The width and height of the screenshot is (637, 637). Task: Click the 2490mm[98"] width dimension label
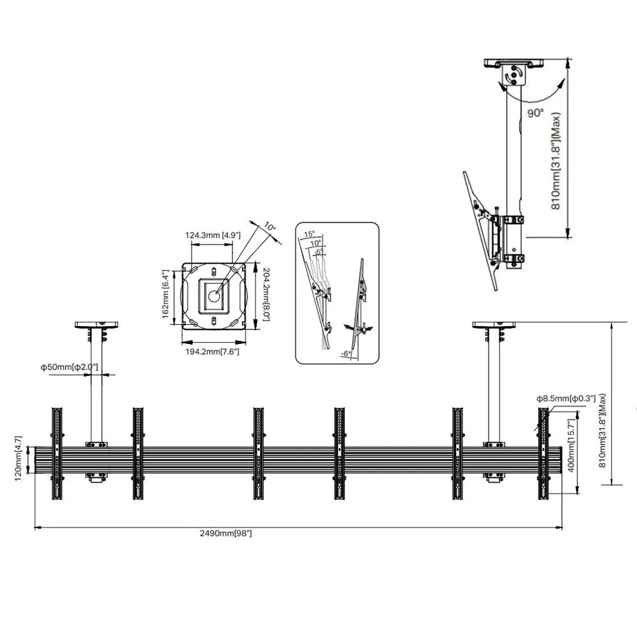226,533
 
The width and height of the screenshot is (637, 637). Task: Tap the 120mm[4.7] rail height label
18,459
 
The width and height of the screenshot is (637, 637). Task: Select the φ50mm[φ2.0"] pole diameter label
69,368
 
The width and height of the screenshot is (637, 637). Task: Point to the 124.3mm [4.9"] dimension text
213,235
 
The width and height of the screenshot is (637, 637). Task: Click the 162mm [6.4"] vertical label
165,294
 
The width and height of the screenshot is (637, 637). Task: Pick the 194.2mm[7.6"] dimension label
213,352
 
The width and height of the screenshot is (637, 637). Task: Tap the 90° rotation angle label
536,113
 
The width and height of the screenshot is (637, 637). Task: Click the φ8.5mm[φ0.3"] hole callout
566,399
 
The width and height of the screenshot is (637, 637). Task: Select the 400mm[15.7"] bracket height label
571,446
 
